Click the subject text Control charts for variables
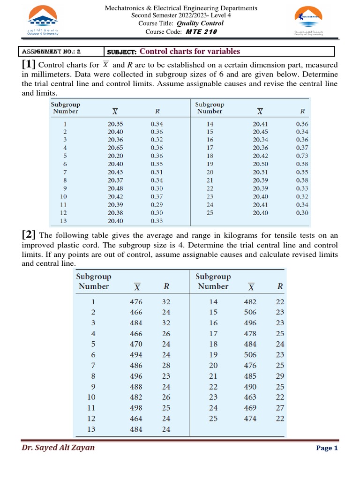coord(190,52)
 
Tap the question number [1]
coord(29,65)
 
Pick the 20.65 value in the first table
coord(115,148)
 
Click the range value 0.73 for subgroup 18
coord(302,156)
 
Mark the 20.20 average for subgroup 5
coord(115,156)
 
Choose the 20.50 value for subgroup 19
coord(261,164)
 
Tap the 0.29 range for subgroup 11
coord(157,205)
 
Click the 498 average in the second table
coord(136,408)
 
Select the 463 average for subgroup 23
coord(250,397)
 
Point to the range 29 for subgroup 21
coord(280,376)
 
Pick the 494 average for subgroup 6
coord(136,355)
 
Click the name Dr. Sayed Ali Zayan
coord(58,448)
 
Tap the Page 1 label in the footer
coord(327,448)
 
